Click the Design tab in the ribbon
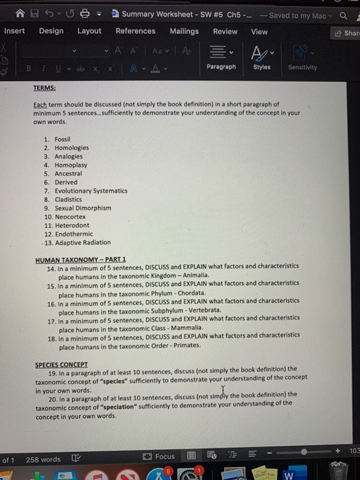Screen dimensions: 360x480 point(51,31)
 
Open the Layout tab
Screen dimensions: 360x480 point(89,31)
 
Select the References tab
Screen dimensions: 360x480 point(135,31)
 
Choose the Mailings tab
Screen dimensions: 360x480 point(184,31)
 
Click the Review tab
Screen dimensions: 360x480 point(225,31)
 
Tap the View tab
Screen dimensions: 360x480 point(259,31)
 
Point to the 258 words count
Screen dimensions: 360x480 point(43,459)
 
